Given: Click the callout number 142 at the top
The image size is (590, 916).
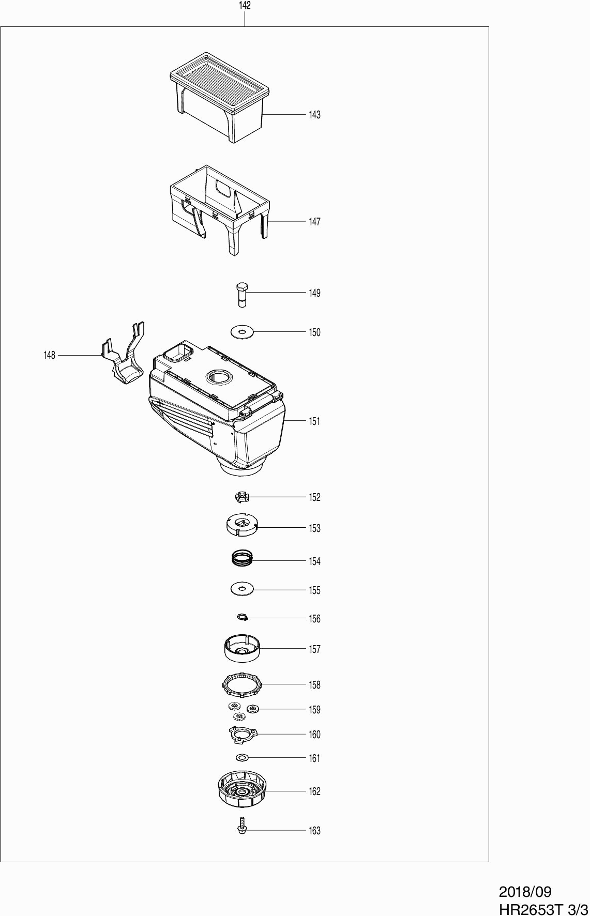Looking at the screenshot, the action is tap(245, 6).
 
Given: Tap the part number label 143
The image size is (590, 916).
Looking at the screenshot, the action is tap(314, 115).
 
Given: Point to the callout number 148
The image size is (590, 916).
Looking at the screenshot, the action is tap(49, 355).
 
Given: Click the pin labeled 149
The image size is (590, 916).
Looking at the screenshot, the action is tap(241, 294).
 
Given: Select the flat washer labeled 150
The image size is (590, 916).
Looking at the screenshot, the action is tap(242, 332).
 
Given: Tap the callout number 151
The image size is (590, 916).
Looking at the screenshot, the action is tap(314, 421).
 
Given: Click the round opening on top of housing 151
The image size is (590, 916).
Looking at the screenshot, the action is tap(218, 377).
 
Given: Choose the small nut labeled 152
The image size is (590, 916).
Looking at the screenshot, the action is tap(241, 497).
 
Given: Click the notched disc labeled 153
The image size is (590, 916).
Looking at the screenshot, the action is tap(242, 524).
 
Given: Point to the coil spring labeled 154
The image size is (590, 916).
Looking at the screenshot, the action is tap(242, 558).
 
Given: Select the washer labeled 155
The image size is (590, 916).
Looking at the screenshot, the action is tap(242, 588).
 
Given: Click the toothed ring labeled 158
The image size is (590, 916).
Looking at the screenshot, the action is tap(242, 685).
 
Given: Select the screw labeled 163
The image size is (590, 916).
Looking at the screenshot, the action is tap(241, 825).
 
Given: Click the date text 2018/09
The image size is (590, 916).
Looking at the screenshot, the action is tap(525, 892).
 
